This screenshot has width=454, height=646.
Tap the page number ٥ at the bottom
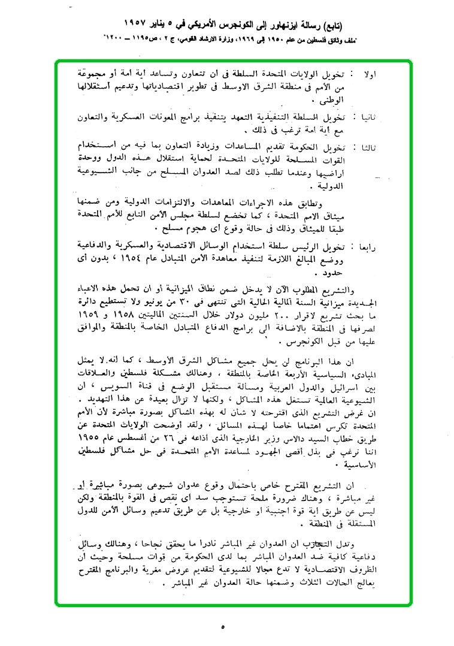[x=223, y=627]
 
